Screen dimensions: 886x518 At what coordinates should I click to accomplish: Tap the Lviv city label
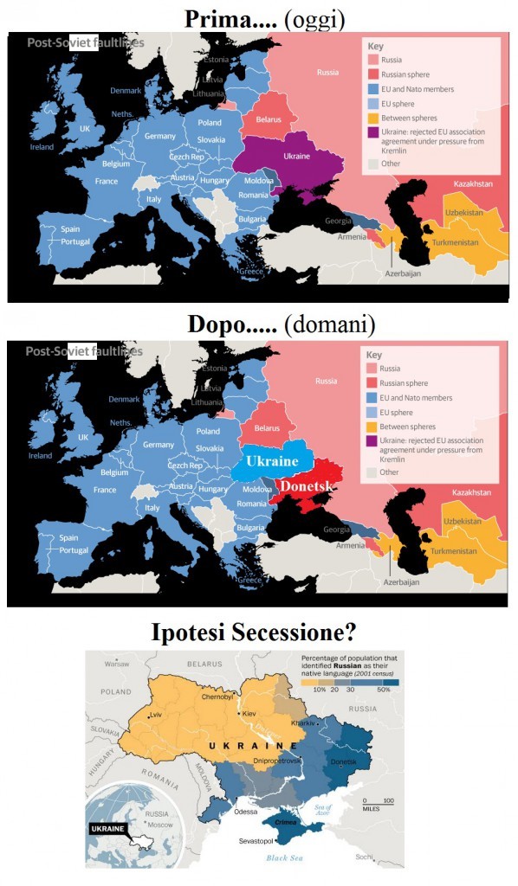coord(156,716)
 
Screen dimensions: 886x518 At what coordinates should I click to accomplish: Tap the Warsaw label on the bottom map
coord(116,664)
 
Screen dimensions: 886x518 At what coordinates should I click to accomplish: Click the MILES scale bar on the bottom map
coord(375,805)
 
